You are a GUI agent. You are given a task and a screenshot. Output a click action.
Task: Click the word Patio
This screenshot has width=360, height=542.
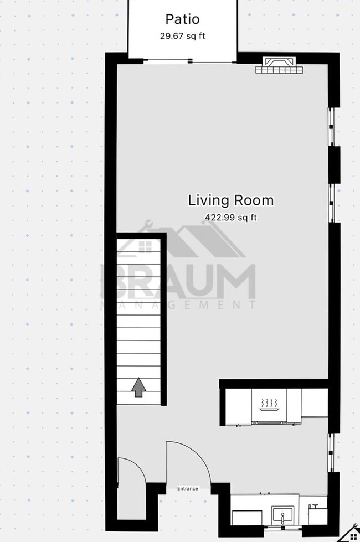tap(182, 19)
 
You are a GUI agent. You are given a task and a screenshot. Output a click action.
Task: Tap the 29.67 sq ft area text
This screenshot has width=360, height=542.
tap(182, 37)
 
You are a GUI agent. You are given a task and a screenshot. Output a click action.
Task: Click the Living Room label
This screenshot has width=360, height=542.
tap(230, 200)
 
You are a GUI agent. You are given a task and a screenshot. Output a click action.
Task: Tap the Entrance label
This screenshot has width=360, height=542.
tap(187, 489)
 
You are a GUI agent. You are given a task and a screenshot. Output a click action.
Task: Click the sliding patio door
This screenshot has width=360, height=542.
tap(168, 61)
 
